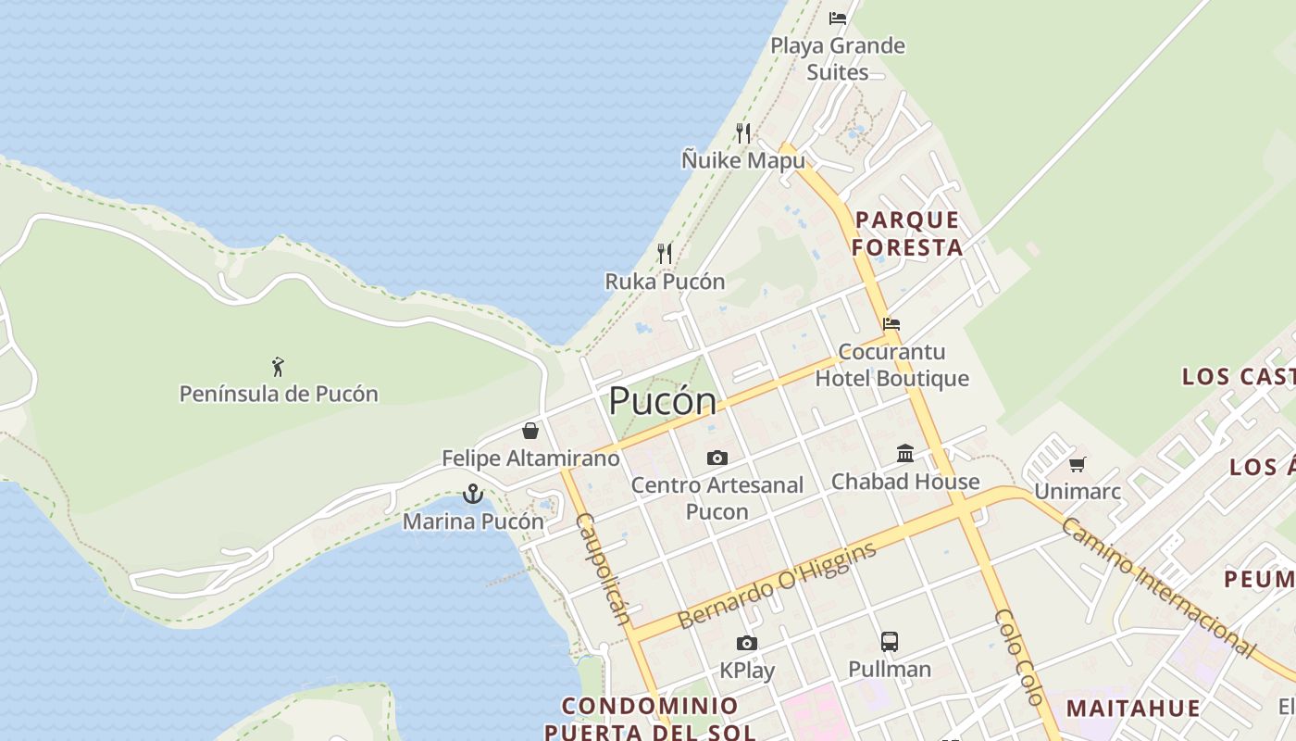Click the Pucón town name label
[x=662, y=401]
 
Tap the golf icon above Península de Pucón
[x=278, y=367]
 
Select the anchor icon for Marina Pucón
[x=473, y=494]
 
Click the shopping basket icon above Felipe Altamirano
[x=530, y=431]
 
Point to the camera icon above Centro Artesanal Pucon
[x=717, y=458]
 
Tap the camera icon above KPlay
[x=746, y=643]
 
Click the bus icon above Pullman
[x=889, y=641]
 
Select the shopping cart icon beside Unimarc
[x=1077, y=464]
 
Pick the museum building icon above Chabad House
[x=905, y=454]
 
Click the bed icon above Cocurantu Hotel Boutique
[x=891, y=324]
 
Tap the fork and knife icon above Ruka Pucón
[x=664, y=253]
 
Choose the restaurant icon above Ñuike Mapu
[x=742, y=132]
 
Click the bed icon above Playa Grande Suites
[x=838, y=18]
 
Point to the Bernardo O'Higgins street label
[x=778, y=585]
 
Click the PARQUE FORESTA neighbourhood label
[x=907, y=233]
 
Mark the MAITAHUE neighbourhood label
[x=1133, y=709]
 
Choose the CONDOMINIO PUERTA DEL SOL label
[x=650, y=719]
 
